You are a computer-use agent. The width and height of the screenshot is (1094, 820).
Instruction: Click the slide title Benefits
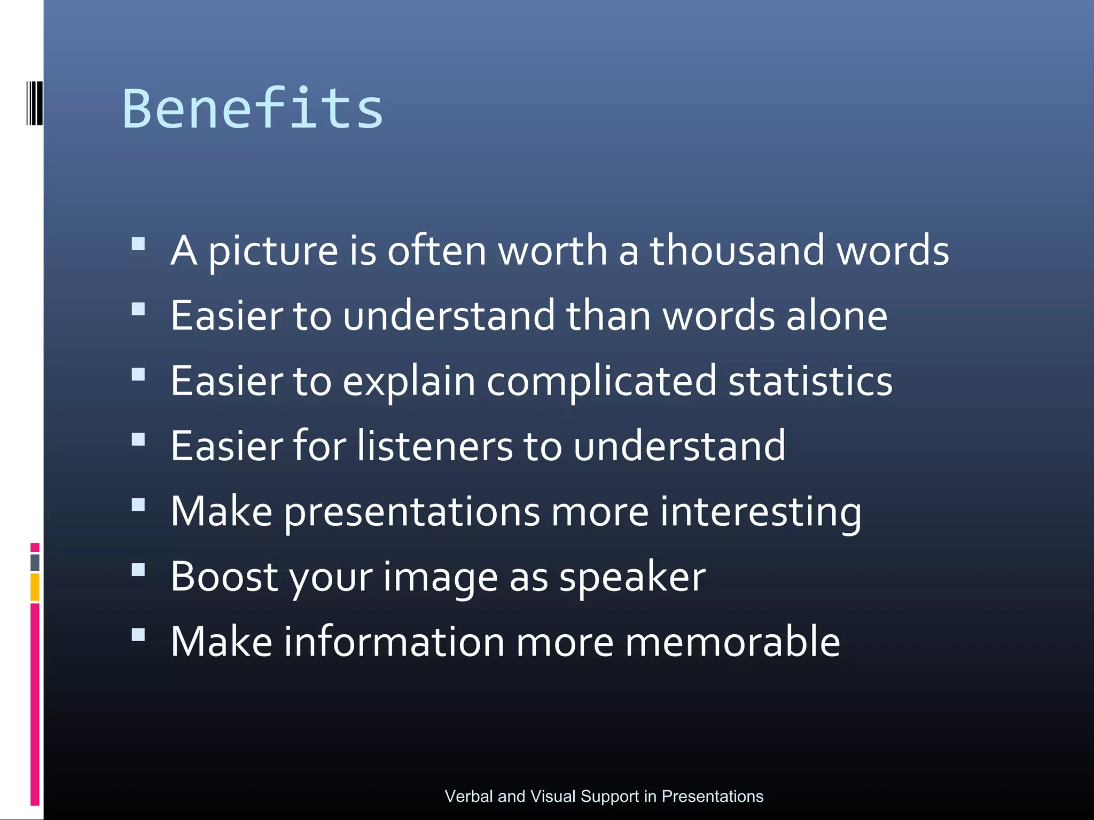coord(253,109)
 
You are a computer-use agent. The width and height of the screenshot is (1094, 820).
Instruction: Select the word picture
coord(272,251)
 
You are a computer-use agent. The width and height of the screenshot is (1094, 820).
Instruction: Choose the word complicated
coord(601,382)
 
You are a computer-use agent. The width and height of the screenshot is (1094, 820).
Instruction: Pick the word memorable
coord(732,642)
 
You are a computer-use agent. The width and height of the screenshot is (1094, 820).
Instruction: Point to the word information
coord(394,642)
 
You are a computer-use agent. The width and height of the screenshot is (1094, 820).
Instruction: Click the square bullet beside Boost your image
coord(138,570)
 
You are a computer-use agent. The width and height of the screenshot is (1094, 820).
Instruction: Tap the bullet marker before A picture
coord(138,244)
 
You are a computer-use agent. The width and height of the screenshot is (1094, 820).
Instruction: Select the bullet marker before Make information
coord(138,635)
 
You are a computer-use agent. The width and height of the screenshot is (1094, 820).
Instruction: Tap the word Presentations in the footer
coord(712,796)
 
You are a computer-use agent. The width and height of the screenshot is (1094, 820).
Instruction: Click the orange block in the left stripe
coord(35,587)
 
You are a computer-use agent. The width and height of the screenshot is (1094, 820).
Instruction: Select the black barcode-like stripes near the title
coord(34,103)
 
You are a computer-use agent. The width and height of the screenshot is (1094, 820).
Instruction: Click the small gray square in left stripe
coord(35,562)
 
